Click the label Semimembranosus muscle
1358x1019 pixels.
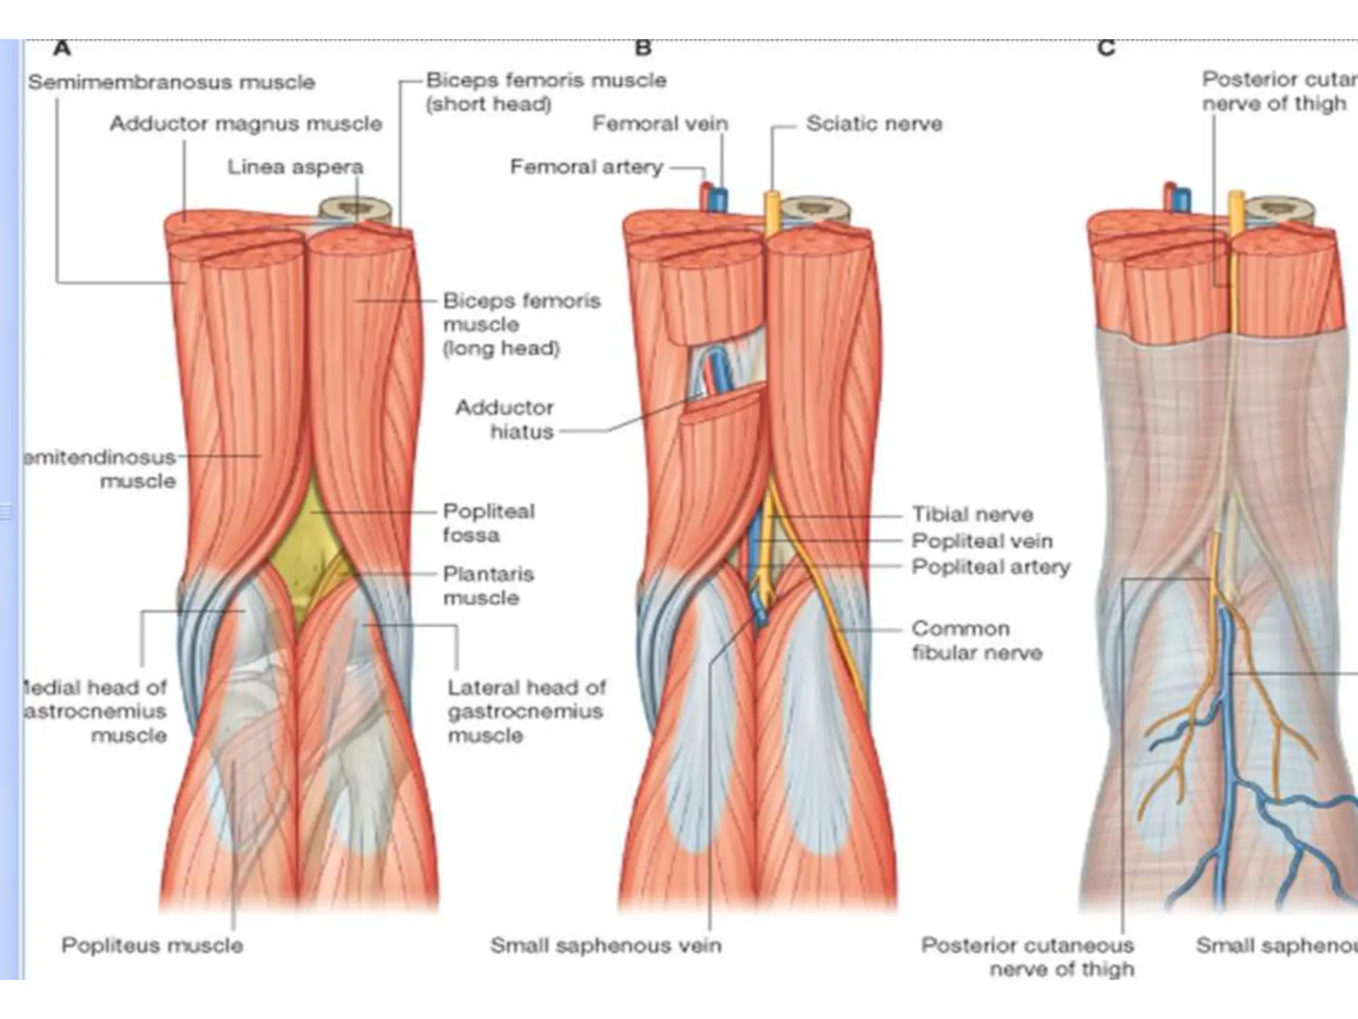coord(171,82)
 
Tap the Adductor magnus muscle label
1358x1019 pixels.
coord(246,123)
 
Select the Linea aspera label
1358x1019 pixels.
coord(295,167)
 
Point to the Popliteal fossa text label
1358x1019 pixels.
coord(488,523)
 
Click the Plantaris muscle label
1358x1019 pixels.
coord(488,585)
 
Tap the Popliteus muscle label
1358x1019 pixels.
coord(152,945)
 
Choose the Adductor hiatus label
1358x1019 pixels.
coord(505,419)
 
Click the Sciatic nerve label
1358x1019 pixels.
coord(874,123)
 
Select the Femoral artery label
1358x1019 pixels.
coord(586,167)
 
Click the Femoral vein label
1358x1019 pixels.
coord(660,123)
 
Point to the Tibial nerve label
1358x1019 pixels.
coord(972,514)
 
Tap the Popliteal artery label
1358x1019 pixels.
coord(991,567)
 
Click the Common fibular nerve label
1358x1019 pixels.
coord(976,640)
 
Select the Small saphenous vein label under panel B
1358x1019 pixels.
coord(605,945)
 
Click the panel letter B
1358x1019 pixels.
coord(643,48)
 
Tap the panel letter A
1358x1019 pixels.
coord(62,48)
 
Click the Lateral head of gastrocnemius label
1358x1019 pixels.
coord(526,711)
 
